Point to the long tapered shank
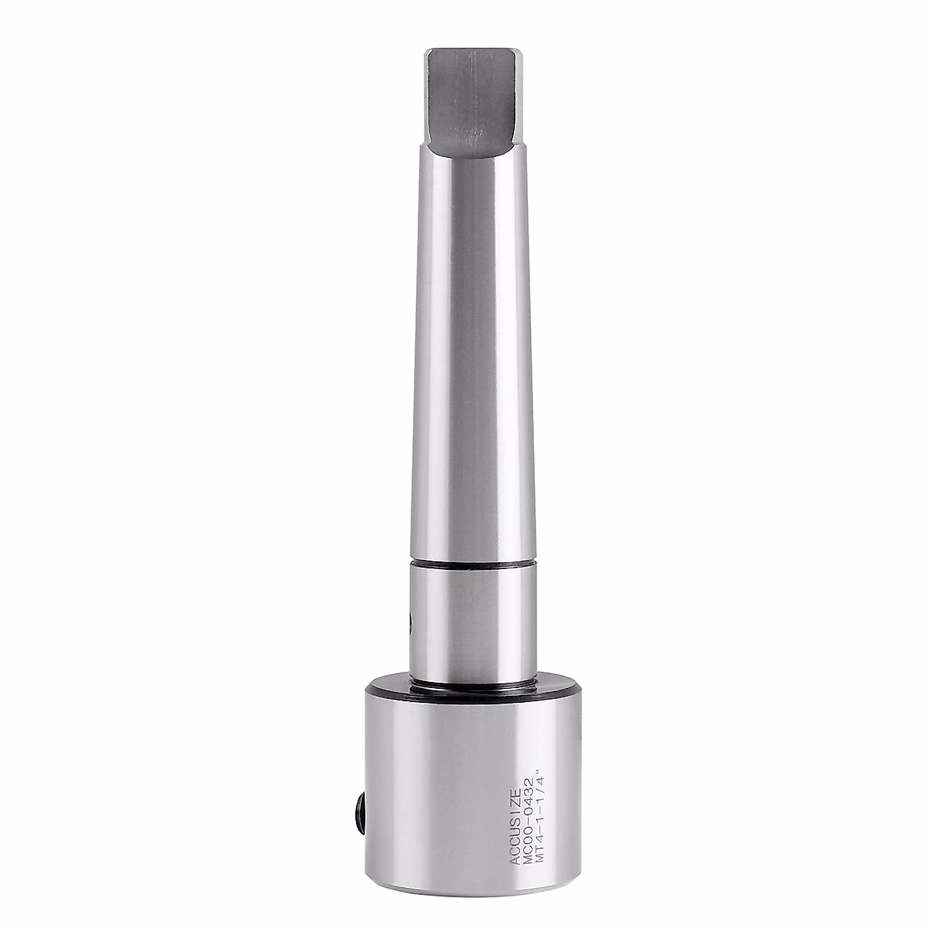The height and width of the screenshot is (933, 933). pyautogui.click(x=466, y=350)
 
